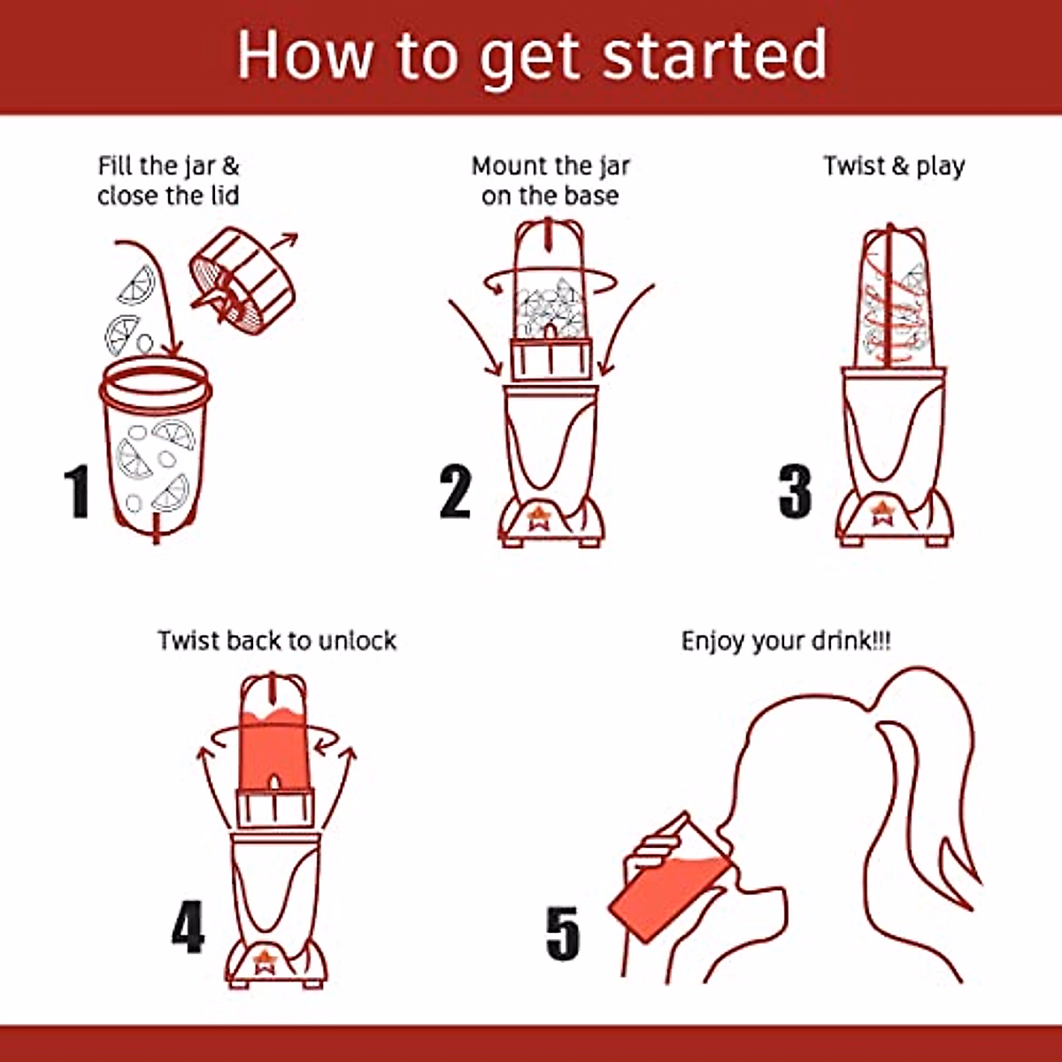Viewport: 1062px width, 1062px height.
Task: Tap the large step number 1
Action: pyautogui.click(x=77, y=491)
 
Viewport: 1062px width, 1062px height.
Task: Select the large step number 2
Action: pyautogui.click(x=455, y=491)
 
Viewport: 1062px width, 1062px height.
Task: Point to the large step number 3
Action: pyautogui.click(x=795, y=491)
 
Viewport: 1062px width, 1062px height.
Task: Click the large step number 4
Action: pyautogui.click(x=189, y=927)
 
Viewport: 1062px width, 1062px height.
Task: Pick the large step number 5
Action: pyautogui.click(x=563, y=933)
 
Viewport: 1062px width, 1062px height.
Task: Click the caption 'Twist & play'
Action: pyautogui.click(x=894, y=166)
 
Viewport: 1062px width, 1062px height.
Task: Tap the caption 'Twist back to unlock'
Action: pyautogui.click(x=277, y=641)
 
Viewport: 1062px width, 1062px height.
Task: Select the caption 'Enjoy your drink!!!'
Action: pyautogui.click(x=786, y=642)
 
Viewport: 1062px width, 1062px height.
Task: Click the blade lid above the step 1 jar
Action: pyautogui.click(x=243, y=281)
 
